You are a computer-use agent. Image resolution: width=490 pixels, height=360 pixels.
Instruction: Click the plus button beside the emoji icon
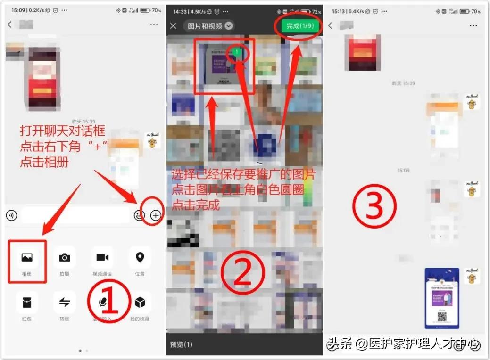pos(156,215)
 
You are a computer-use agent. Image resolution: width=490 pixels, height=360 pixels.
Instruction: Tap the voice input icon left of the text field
pos(11,215)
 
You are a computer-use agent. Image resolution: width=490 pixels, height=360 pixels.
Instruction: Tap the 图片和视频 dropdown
pos(210,26)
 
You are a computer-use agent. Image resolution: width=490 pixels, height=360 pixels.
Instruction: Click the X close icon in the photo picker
pos(174,26)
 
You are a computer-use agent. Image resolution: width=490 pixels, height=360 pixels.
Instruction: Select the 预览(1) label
pos(181,344)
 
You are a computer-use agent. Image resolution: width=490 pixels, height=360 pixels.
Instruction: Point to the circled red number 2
pos(243,276)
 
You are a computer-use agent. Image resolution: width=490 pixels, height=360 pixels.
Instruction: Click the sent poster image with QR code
pos(441,298)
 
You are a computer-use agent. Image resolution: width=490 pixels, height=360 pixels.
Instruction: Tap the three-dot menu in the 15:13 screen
pos(474,25)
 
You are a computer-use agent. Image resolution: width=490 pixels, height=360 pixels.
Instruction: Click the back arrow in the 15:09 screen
pos(10,25)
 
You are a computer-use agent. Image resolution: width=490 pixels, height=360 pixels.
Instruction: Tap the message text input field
pos(75,215)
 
